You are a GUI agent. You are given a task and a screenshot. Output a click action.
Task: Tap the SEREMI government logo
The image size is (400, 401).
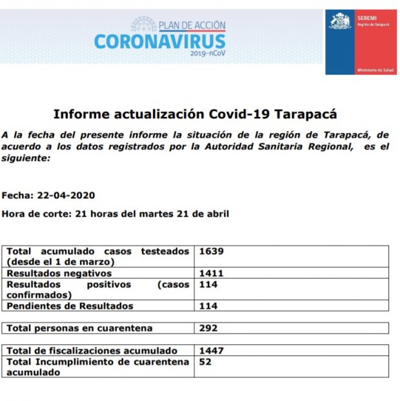(361, 42)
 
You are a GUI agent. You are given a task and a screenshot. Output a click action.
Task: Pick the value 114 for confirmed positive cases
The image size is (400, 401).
(208, 284)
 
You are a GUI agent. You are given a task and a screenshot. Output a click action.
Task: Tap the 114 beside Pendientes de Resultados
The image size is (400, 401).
(208, 306)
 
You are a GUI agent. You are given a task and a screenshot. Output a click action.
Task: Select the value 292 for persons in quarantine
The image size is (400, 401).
(208, 328)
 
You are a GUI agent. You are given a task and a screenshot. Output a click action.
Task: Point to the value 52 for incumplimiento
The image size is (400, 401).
(205, 362)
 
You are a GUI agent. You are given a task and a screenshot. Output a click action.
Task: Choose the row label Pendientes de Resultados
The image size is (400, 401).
(70, 306)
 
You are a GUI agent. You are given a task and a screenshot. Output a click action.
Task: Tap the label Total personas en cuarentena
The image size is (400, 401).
(79, 328)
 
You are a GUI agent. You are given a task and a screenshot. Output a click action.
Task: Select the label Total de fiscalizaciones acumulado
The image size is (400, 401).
(92, 350)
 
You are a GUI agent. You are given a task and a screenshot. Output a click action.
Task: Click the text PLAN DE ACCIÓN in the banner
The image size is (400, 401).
(192, 26)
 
